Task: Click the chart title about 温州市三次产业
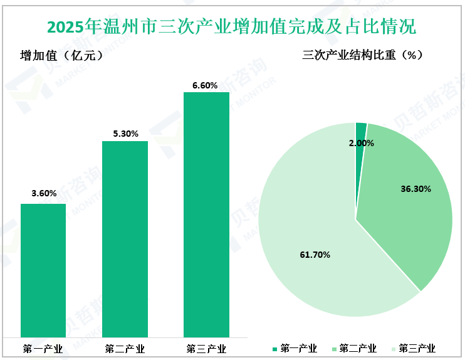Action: pyautogui.click(x=232, y=27)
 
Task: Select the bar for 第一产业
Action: pyautogui.click(x=43, y=270)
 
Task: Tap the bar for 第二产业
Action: pyautogui.click(x=125, y=238)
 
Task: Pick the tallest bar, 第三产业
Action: pyautogui.click(x=206, y=213)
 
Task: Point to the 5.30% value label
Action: pyautogui.click(x=125, y=134)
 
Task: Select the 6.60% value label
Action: pyautogui.click(x=206, y=85)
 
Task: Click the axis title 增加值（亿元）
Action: pyautogui.click(x=61, y=55)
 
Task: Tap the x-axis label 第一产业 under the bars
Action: pyautogui.click(x=43, y=349)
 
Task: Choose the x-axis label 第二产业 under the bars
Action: pyautogui.click(x=125, y=349)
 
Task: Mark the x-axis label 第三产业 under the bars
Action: pyautogui.click(x=206, y=349)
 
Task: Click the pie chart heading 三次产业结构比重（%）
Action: pyautogui.click(x=363, y=55)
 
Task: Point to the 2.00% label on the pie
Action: pyautogui.click(x=362, y=143)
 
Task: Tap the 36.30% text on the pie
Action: pyautogui.click(x=415, y=188)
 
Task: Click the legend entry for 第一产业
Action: pyautogui.click(x=295, y=349)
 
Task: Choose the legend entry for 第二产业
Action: pyautogui.click(x=353, y=349)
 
